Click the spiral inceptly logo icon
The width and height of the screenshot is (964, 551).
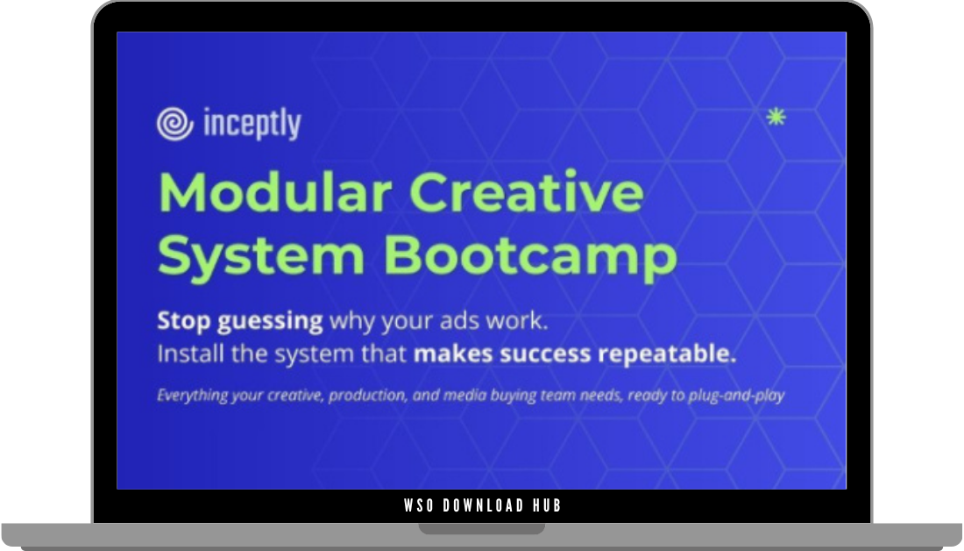(175, 124)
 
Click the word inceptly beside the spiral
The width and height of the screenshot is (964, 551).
(251, 125)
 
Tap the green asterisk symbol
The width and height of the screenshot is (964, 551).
(776, 117)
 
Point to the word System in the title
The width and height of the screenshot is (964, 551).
(260, 255)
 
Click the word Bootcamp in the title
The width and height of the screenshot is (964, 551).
(530, 255)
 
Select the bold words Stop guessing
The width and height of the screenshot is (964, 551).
(240, 321)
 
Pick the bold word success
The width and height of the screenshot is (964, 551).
(539, 355)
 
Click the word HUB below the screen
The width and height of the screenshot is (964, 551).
(546, 505)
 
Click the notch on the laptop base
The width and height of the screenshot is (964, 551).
(481, 529)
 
